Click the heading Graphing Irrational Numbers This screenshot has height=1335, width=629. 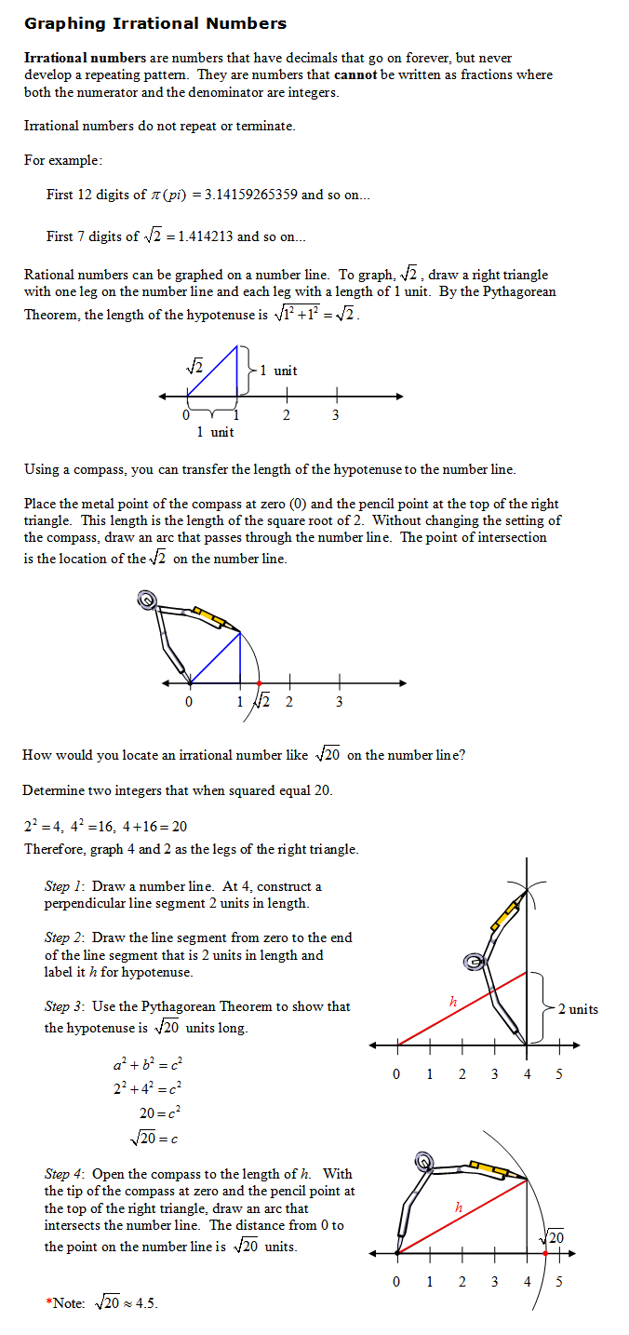[155, 23]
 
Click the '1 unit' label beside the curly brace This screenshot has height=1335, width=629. [278, 371]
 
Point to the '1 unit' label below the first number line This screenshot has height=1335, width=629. [215, 432]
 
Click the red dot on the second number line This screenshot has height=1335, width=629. [259, 683]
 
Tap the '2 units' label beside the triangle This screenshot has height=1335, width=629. [578, 1009]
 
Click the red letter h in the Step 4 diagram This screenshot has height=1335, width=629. [459, 1207]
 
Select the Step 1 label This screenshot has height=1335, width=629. [65, 886]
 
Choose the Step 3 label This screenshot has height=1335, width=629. [65, 1006]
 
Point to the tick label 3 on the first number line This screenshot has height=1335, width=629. [335, 415]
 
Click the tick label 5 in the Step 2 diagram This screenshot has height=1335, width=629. [558, 1074]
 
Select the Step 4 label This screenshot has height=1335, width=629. [65, 1174]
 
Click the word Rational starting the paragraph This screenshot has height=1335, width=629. [48, 275]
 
